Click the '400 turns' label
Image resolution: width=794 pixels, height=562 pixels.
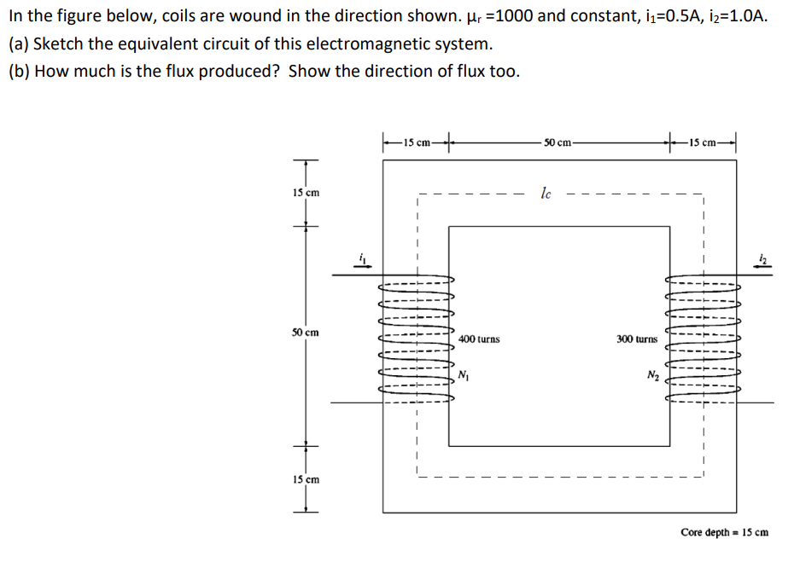point(479,339)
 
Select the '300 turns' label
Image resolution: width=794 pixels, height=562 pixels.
point(637,339)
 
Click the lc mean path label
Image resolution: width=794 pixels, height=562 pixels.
point(546,194)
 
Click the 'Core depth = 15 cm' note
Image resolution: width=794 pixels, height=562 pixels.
point(724,532)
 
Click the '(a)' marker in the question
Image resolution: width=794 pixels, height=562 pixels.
point(18,43)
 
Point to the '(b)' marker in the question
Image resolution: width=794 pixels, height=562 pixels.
point(18,71)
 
